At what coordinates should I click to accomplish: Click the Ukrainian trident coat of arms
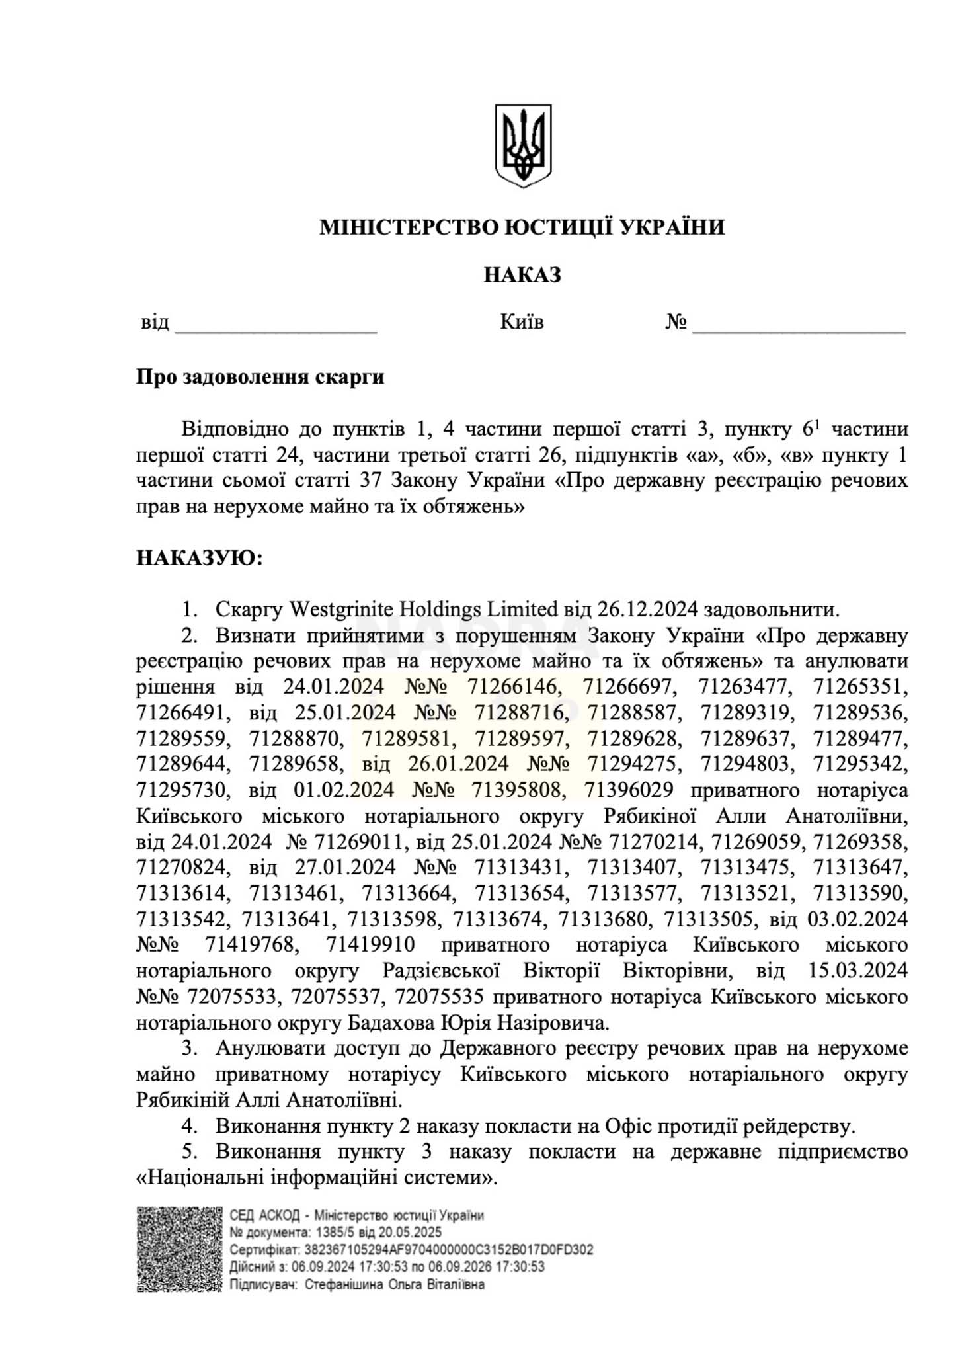[x=523, y=145]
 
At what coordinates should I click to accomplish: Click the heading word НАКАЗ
[x=522, y=274]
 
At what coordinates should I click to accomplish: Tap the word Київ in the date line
[x=522, y=323]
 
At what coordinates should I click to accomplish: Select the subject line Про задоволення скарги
[x=260, y=377]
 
